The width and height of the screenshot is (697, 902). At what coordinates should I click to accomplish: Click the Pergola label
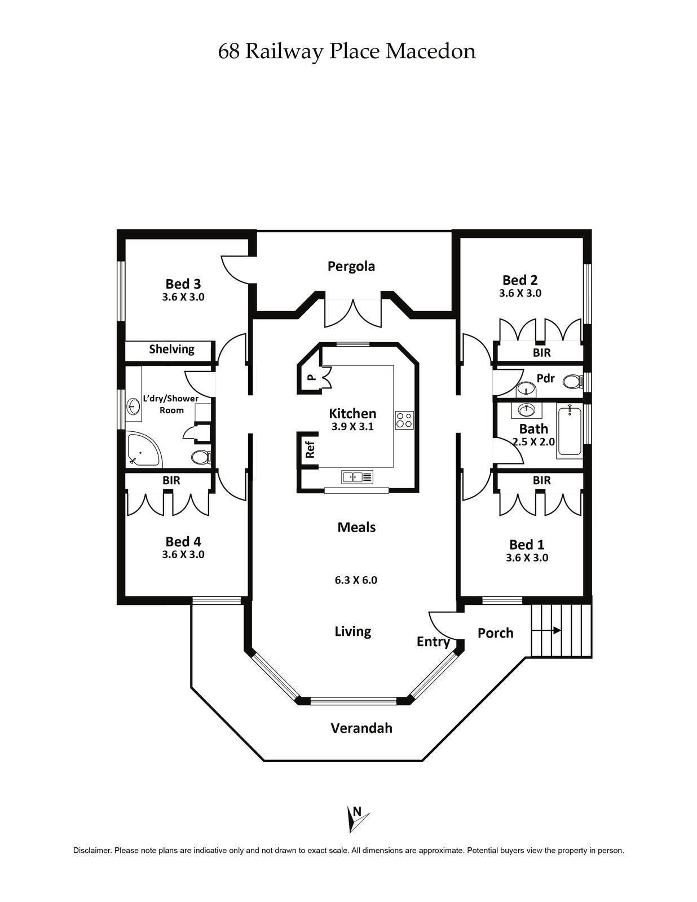(351, 266)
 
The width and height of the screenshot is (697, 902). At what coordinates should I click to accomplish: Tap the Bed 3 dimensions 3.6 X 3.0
(183, 297)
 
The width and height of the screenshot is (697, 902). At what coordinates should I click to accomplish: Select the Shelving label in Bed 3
(171, 349)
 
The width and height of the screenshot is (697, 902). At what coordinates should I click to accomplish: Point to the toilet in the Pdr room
(571, 382)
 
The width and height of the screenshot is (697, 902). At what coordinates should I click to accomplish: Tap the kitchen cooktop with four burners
(404, 420)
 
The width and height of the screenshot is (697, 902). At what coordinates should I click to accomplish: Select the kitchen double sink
(357, 477)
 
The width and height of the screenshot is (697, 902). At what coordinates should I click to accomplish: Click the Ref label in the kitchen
(309, 449)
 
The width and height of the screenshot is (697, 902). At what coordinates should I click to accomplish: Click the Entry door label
(433, 642)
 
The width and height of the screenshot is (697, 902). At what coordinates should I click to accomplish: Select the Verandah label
(361, 728)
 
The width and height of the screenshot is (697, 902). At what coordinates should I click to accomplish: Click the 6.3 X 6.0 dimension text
(355, 580)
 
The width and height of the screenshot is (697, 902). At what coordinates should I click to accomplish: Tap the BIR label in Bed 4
(171, 480)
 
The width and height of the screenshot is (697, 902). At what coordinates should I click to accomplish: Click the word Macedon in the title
(430, 51)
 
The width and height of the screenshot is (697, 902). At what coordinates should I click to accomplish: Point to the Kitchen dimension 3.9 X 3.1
(352, 427)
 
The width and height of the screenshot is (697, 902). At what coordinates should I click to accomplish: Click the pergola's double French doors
(353, 313)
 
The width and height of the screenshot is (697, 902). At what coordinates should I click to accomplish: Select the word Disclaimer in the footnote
(92, 851)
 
